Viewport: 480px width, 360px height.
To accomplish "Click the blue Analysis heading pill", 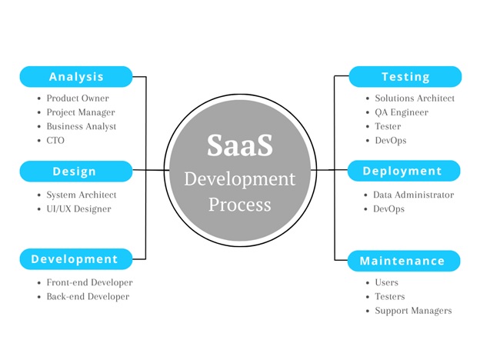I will tap(76, 77).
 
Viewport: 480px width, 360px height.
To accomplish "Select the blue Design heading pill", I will tap(75, 171).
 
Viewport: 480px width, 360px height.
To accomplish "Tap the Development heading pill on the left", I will tap(75, 259).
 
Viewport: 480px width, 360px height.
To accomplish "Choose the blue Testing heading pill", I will tap(405, 77).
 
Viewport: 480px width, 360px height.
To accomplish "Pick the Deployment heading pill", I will tap(402, 171).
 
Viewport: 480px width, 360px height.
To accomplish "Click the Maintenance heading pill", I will tap(402, 261).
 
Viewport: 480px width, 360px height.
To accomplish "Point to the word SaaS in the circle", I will tap(239, 147).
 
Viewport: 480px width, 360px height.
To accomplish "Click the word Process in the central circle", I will tap(239, 205).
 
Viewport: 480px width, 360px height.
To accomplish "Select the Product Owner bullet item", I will tap(77, 98).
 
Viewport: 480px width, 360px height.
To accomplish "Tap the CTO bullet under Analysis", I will tap(56, 141).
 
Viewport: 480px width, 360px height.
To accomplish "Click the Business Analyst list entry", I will tap(81, 126).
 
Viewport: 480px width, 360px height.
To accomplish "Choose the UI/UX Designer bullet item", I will tap(78, 209).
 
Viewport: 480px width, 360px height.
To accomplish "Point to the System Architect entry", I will tap(82, 195).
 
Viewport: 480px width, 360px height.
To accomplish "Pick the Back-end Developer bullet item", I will tap(88, 296).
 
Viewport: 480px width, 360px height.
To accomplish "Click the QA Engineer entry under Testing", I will tap(401, 112).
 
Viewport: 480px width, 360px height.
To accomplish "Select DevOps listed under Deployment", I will tap(388, 209).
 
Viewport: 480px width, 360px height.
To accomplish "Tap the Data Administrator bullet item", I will tap(413, 195).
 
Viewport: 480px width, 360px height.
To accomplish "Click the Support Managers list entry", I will tap(413, 311).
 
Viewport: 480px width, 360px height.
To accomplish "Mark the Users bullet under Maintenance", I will tap(386, 282).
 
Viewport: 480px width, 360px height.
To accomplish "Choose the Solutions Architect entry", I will tap(415, 98).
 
